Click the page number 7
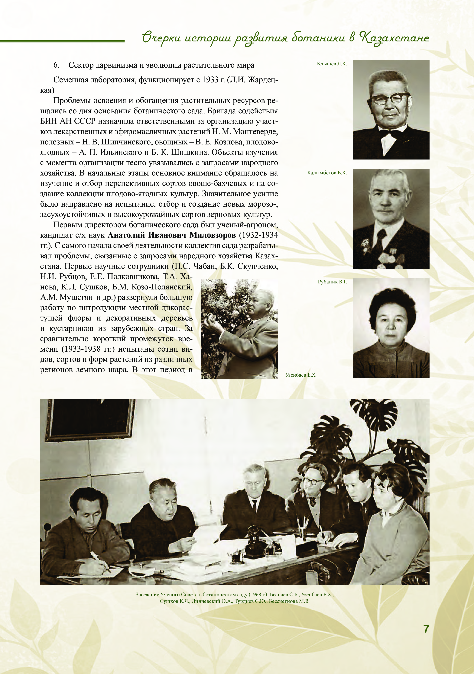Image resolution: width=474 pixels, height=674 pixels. (x=426, y=628)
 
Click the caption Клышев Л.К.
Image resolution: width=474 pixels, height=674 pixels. (x=332, y=64)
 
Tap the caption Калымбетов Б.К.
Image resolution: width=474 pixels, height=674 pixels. (x=327, y=173)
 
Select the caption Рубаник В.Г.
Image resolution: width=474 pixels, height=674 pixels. (x=332, y=282)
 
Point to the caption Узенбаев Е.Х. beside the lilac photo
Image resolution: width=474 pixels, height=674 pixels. (x=301, y=375)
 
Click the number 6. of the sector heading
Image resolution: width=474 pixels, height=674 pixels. (x=56, y=65)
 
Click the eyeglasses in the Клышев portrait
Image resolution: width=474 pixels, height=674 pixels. (x=390, y=99)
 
